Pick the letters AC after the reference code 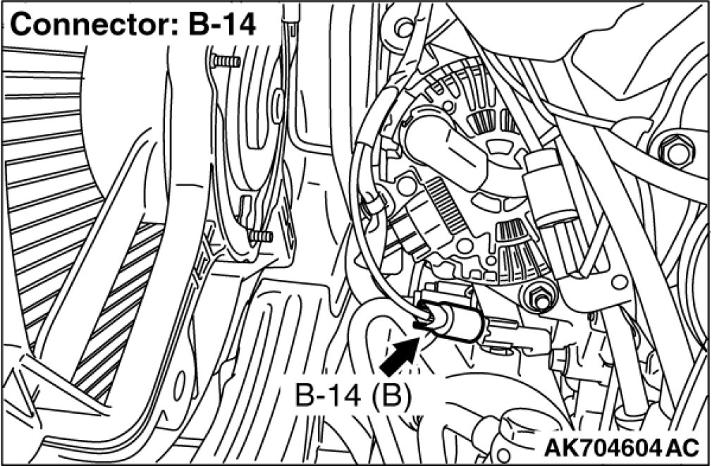click(682, 447)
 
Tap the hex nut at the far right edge click(673, 150)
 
